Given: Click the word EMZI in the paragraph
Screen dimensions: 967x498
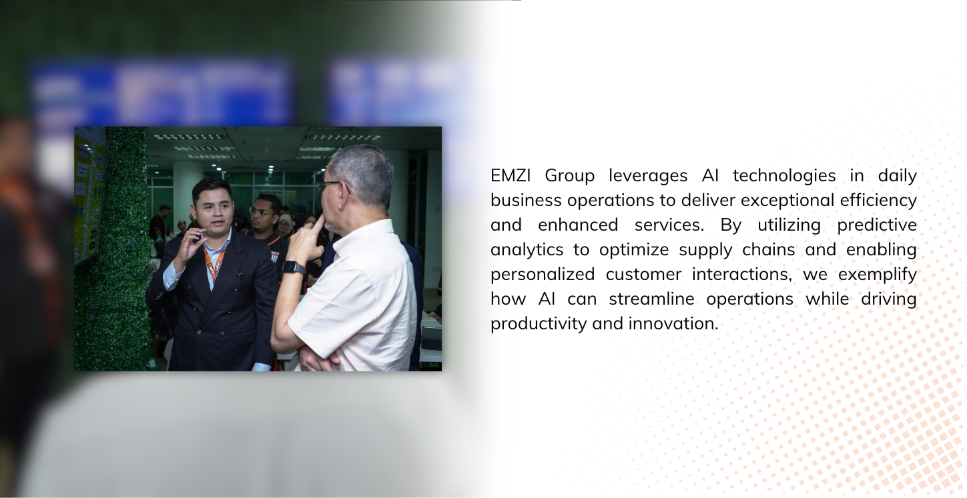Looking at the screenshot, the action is [511, 176].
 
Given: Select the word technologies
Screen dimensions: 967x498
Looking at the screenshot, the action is [784, 176].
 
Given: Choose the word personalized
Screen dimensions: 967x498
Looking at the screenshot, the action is [543, 274].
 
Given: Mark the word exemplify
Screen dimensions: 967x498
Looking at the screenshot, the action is [877, 274].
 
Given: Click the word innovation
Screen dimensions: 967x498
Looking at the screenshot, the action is [673, 324].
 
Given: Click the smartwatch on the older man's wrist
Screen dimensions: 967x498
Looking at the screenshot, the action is [293, 268].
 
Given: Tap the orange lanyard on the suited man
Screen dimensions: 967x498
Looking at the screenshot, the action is [214, 262].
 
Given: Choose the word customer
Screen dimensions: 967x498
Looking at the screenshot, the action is [643, 274].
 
